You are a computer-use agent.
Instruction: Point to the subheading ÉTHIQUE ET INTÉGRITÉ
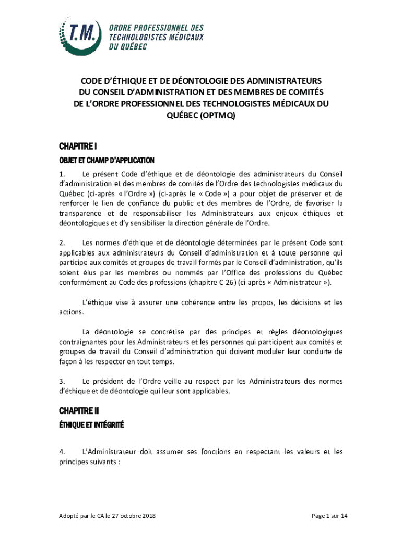(x=91, y=426)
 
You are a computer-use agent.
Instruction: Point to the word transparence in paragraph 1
(x=81, y=213)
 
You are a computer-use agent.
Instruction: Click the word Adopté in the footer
(x=70, y=516)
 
